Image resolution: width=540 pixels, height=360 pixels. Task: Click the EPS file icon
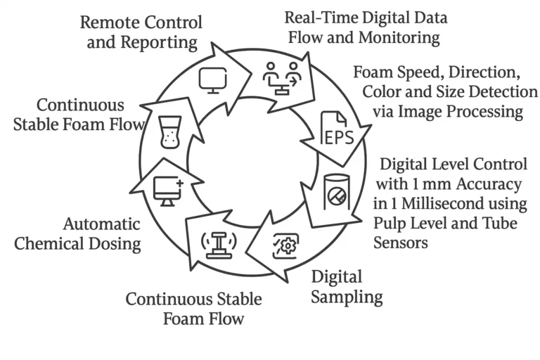click(337, 128)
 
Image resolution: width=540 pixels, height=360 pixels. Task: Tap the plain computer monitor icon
click(213, 80)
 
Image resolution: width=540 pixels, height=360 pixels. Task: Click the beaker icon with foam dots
click(169, 132)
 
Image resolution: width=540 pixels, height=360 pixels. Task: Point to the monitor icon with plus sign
click(168, 191)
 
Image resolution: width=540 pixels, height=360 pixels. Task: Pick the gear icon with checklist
click(285, 246)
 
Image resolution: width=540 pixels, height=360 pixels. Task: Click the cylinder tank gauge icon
click(337, 192)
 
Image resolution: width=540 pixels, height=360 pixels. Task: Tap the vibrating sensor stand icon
click(219, 245)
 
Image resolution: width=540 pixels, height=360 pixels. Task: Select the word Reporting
click(158, 43)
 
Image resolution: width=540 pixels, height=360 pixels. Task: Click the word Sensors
click(401, 243)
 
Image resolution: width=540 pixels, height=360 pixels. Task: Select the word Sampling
click(347, 297)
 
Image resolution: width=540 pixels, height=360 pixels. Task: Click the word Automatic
click(101, 224)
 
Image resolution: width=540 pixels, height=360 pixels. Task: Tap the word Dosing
click(115, 244)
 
